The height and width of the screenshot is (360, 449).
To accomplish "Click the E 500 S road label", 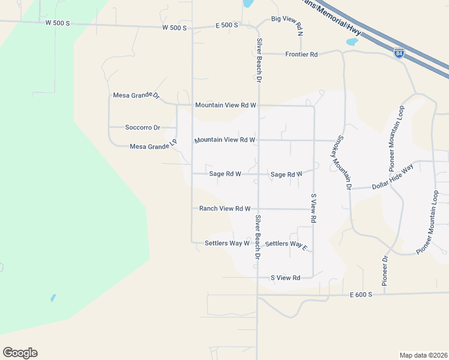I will point(227,25).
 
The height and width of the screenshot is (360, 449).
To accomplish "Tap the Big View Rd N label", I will point(287,24).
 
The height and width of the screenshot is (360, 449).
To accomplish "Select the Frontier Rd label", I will point(301,54).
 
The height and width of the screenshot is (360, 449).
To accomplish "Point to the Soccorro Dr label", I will point(142,127).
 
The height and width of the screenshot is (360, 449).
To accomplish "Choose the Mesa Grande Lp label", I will point(154,145).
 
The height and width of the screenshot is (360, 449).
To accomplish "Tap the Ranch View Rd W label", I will point(224,209).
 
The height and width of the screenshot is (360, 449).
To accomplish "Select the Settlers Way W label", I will point(227,243).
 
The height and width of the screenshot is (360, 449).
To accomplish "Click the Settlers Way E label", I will point(286,244).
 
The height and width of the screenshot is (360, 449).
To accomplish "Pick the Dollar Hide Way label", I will point(393,179).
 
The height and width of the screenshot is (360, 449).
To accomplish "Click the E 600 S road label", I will point(361,295).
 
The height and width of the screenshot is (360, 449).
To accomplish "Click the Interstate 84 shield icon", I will point(399,53).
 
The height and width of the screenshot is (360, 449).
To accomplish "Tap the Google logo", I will point(20,352).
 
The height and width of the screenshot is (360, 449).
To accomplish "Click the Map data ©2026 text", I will point(424,355).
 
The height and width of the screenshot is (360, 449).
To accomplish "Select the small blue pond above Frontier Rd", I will point(352,42).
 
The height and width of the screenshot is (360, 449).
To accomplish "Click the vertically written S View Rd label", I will point(313,208).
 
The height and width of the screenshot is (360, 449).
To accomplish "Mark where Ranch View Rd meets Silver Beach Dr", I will point(258,209).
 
